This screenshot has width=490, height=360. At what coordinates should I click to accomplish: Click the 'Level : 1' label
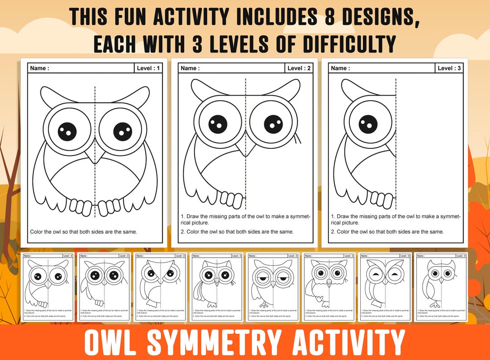click(148, 68)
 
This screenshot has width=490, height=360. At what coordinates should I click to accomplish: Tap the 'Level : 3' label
click(449, 68)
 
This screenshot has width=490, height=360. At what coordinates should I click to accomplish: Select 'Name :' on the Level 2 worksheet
click(190, 68)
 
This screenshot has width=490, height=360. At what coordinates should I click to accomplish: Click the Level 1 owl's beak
click(95, 157)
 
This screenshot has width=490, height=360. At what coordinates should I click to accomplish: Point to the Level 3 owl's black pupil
click(368, 123)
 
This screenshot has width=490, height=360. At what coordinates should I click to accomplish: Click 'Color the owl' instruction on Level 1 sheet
click(83, 232)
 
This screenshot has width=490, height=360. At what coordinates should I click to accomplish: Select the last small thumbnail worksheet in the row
click(441, 287)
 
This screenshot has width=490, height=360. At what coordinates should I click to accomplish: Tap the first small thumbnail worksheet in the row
click(48, 287)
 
